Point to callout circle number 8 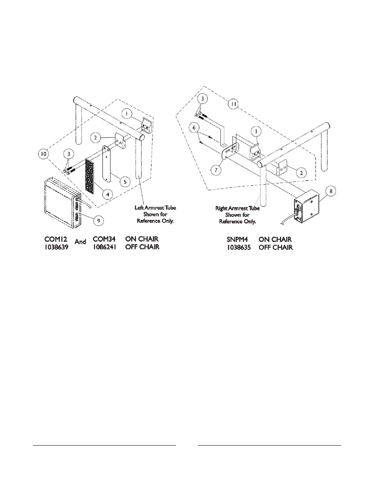coord(330,191)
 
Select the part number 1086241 coord(104,247)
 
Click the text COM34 coord(104,239)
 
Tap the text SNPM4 coord(231,239)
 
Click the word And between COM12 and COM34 coord(80,242)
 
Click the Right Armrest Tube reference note coord(238,215)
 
